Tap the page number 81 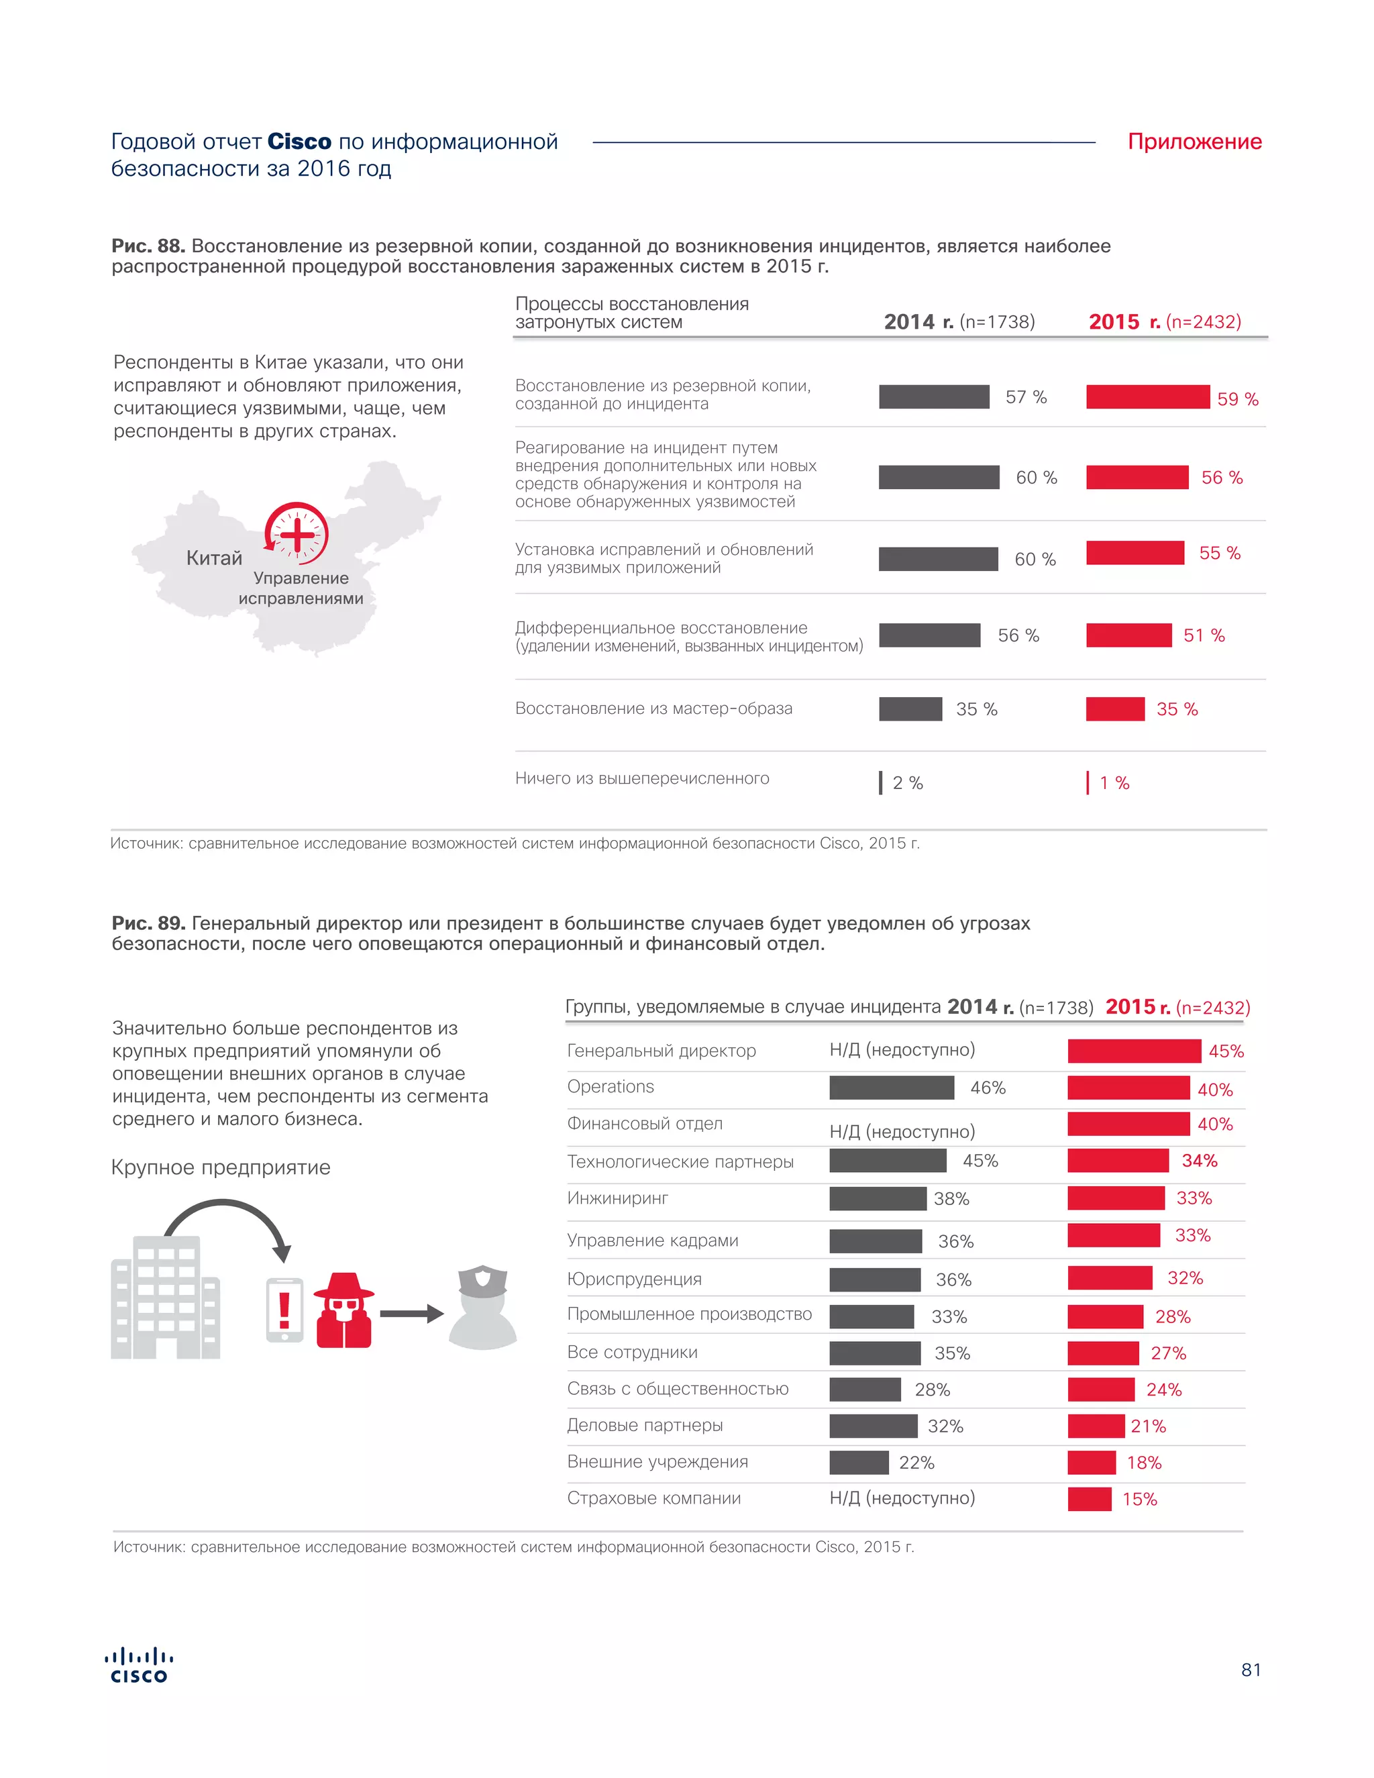pos(1251,1670)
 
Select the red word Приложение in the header pos(1194,142)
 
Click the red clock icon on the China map pos(297,533)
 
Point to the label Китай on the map pos(214,558)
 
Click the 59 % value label pos(1237,399)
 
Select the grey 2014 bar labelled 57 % pos(934,397)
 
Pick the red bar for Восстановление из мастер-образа pos(1115,709)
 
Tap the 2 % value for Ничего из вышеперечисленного pos(908,783)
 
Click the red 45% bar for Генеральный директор pos(1134,1051)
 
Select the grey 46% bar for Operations pos(892,1088)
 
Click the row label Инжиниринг pos(618,1198)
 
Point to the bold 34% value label pos(1199,1160)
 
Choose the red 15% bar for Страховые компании pos(1089,1499)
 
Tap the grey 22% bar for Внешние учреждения pos(859,1463)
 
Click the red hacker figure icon pos(343,1310)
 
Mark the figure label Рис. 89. pos(148,923)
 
